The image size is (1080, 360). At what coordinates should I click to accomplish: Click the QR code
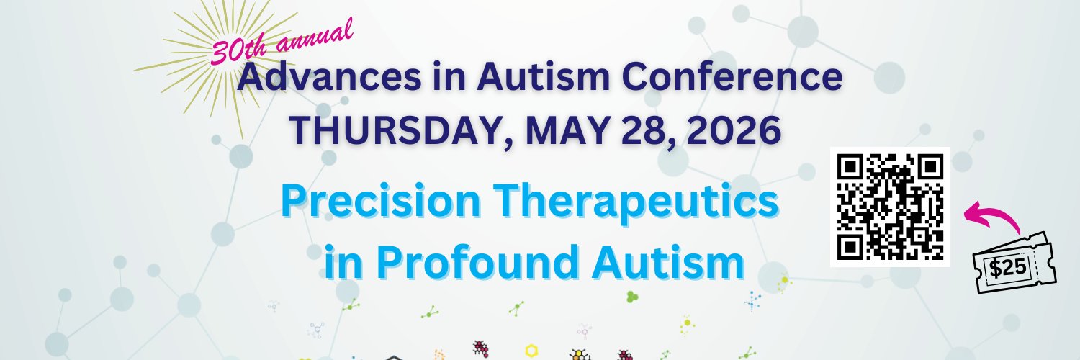coord(890,207)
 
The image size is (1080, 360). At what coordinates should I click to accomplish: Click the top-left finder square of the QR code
coord(850,167)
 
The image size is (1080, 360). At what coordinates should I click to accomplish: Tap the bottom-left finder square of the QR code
coord(850,247)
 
